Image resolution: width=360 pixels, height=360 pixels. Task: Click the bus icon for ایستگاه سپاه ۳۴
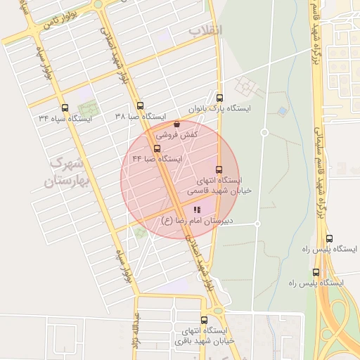pos(65,108)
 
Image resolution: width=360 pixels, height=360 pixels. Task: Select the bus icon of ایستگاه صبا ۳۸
pos(140,105)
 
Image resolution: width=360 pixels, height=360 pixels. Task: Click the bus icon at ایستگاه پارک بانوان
pos(220,98)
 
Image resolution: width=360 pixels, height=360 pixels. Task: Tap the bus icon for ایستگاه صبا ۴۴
pos(157,148)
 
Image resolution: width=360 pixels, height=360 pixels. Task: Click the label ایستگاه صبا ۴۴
pos(157,159)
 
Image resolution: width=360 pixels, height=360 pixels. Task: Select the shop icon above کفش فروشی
pos(176,124)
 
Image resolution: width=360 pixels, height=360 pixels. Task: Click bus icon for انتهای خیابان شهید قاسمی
pos(219,169)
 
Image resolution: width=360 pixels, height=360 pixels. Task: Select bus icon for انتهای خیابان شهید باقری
pos(205,319)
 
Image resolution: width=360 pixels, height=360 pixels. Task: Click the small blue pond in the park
pos(282,111)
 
